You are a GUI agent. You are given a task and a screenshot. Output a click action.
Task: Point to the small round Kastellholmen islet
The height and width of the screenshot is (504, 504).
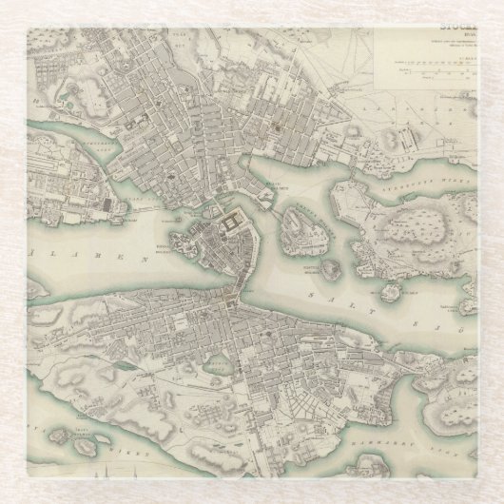[330, 269]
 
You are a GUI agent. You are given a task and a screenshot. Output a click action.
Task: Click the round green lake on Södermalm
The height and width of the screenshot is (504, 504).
[218, 364]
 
